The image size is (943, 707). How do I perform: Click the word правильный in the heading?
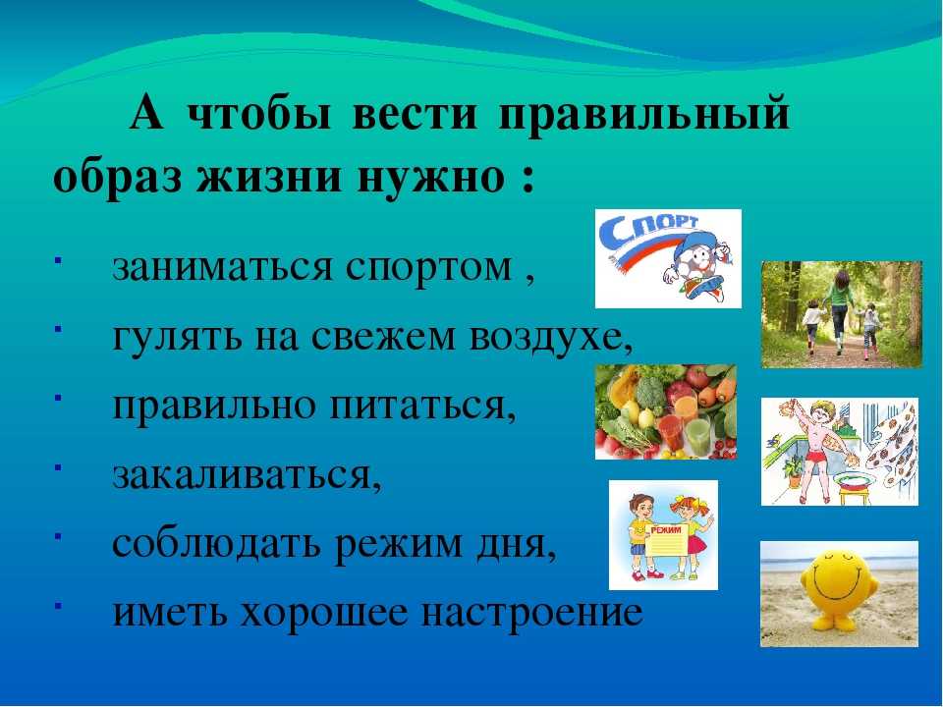tap(642, 114)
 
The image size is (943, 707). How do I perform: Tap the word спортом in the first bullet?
tap(429, 267)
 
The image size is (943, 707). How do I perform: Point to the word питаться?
tap(422, 406)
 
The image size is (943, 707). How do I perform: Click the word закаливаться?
tap(247, 475)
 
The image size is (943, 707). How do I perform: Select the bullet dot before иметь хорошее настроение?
tap(57, 606)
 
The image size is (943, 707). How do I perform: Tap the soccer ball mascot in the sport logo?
tap(697, 265)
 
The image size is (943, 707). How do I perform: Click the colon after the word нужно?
tap(528, 179)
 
